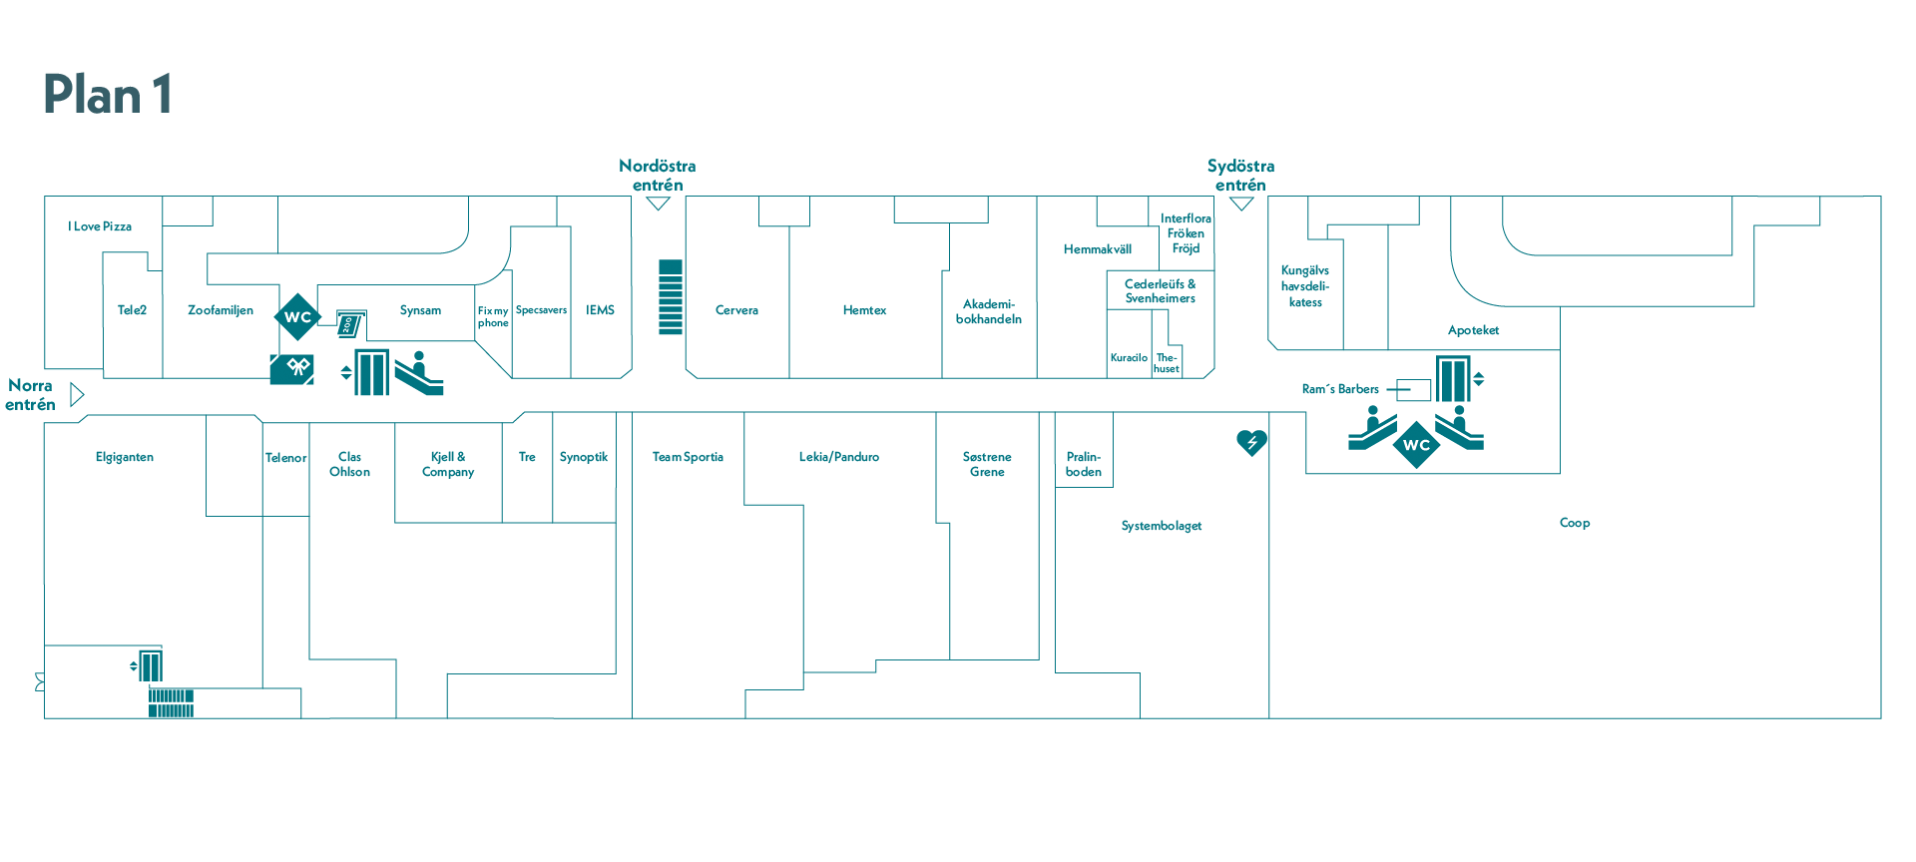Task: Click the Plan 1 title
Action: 108,95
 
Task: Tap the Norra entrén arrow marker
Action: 77,395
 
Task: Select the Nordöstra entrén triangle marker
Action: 658,204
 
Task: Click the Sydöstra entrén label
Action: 1240,175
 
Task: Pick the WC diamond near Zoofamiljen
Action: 297,317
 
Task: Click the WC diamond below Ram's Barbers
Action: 1416,445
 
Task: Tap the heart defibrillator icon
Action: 1250,442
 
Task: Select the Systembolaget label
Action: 1161,526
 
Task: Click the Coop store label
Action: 1574,523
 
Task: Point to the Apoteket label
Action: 1473,330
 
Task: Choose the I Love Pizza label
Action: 100,226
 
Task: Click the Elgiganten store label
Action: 125,457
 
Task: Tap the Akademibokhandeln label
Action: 988,311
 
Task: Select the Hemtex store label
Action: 864,310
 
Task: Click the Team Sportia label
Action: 688,457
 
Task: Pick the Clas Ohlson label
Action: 349,464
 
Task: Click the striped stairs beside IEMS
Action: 671,297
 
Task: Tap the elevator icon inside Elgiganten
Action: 150,665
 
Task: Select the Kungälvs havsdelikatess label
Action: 1304,286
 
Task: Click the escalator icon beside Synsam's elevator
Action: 418,374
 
